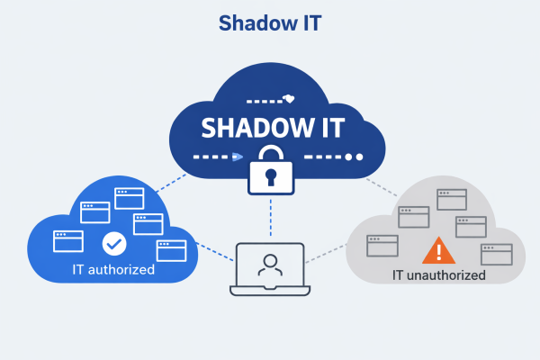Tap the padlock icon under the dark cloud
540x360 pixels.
click(x=270, y=168)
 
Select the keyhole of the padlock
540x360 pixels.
click(x=270, y=177)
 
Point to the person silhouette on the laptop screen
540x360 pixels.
click(x=268, y=265)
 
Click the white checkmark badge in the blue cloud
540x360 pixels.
click(x=114, y=243)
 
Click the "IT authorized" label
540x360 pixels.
click(x=114, y=269)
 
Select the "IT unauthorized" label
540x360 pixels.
click(x=439, y=274)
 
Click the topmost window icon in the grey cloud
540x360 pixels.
click(x=451, y=199)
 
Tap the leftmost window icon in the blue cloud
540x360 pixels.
click(x=68, y=240)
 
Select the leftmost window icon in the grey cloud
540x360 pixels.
click(x=382, y=245)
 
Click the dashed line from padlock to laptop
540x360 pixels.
click(x=270, y=218)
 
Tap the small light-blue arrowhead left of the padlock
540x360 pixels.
click(x=237, y=157)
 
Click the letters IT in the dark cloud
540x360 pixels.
click(x=326, y=128)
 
